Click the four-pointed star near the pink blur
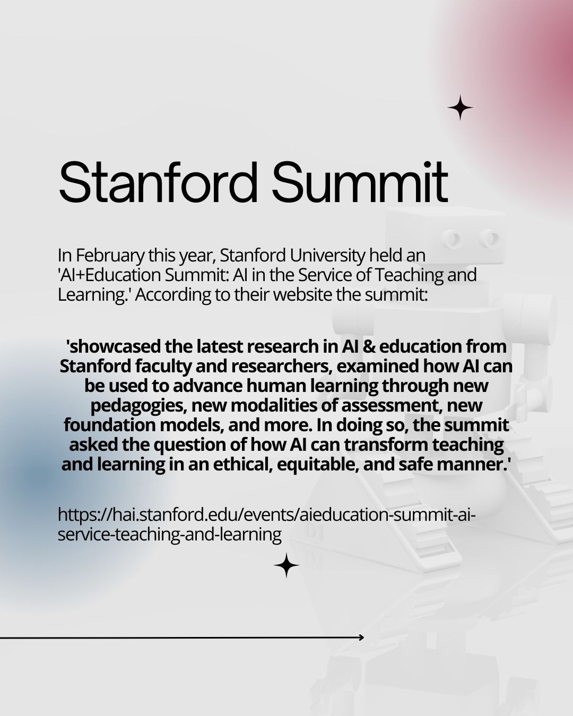pyautogui.click(x=460, y=108)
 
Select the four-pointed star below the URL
pyautogui.click(x=286, y=565)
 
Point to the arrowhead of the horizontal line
pyautogui.click(x=362, y=638)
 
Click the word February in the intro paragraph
pyautogui.click(x=110, y=256)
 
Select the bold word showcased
pyautogui.click(x=114, y=346)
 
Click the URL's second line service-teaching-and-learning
pyautogui.click(x=170, y=535)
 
